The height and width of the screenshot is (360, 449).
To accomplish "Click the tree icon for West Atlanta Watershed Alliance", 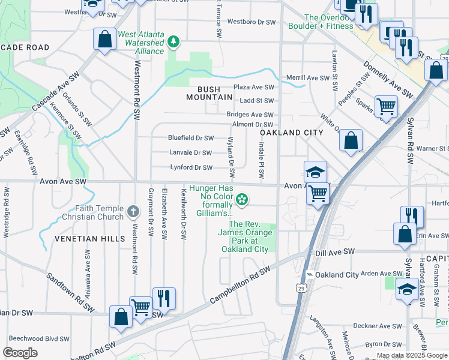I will point(173,41).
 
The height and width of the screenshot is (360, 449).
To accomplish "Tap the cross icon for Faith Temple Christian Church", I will point(133,212).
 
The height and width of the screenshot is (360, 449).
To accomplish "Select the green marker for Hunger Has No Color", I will point(242,199).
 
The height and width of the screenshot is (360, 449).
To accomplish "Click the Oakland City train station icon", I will point(309,275).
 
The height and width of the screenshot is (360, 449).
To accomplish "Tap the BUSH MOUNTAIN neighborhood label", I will point(209,92).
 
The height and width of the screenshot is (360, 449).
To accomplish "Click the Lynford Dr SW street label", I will point(191,167).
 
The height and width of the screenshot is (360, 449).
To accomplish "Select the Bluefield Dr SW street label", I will point(191,138).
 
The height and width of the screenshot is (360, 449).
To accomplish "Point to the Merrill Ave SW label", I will point(308,78).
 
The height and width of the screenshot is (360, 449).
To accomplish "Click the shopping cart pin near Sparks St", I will point(387,107).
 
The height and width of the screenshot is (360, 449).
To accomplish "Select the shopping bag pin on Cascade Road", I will point(105,40).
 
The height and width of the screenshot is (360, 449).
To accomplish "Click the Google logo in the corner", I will point(20,353).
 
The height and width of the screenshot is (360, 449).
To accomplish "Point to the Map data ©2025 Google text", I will point(412,355).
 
